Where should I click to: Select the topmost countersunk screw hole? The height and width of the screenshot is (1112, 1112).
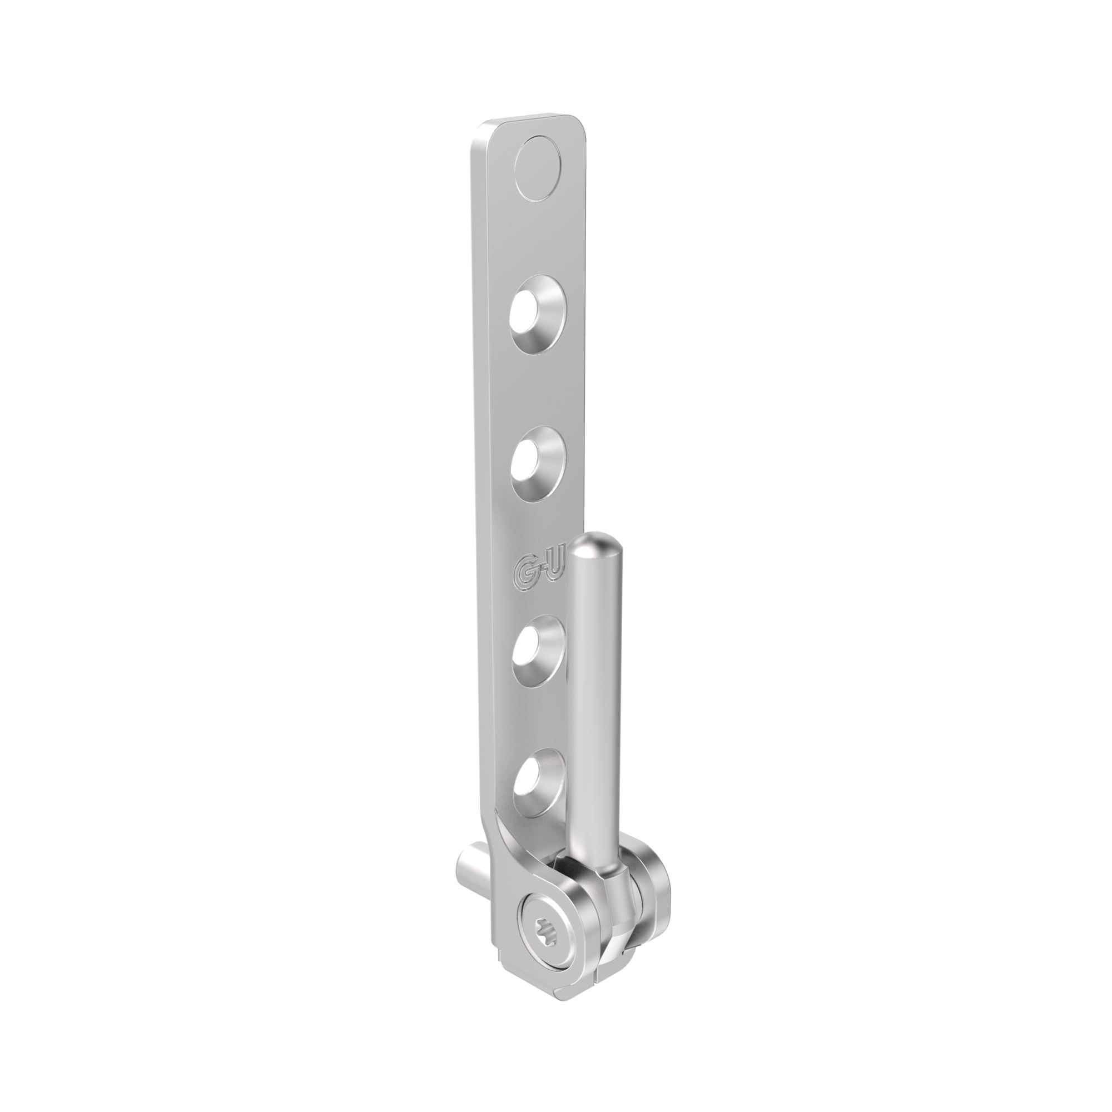coord(538,321)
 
